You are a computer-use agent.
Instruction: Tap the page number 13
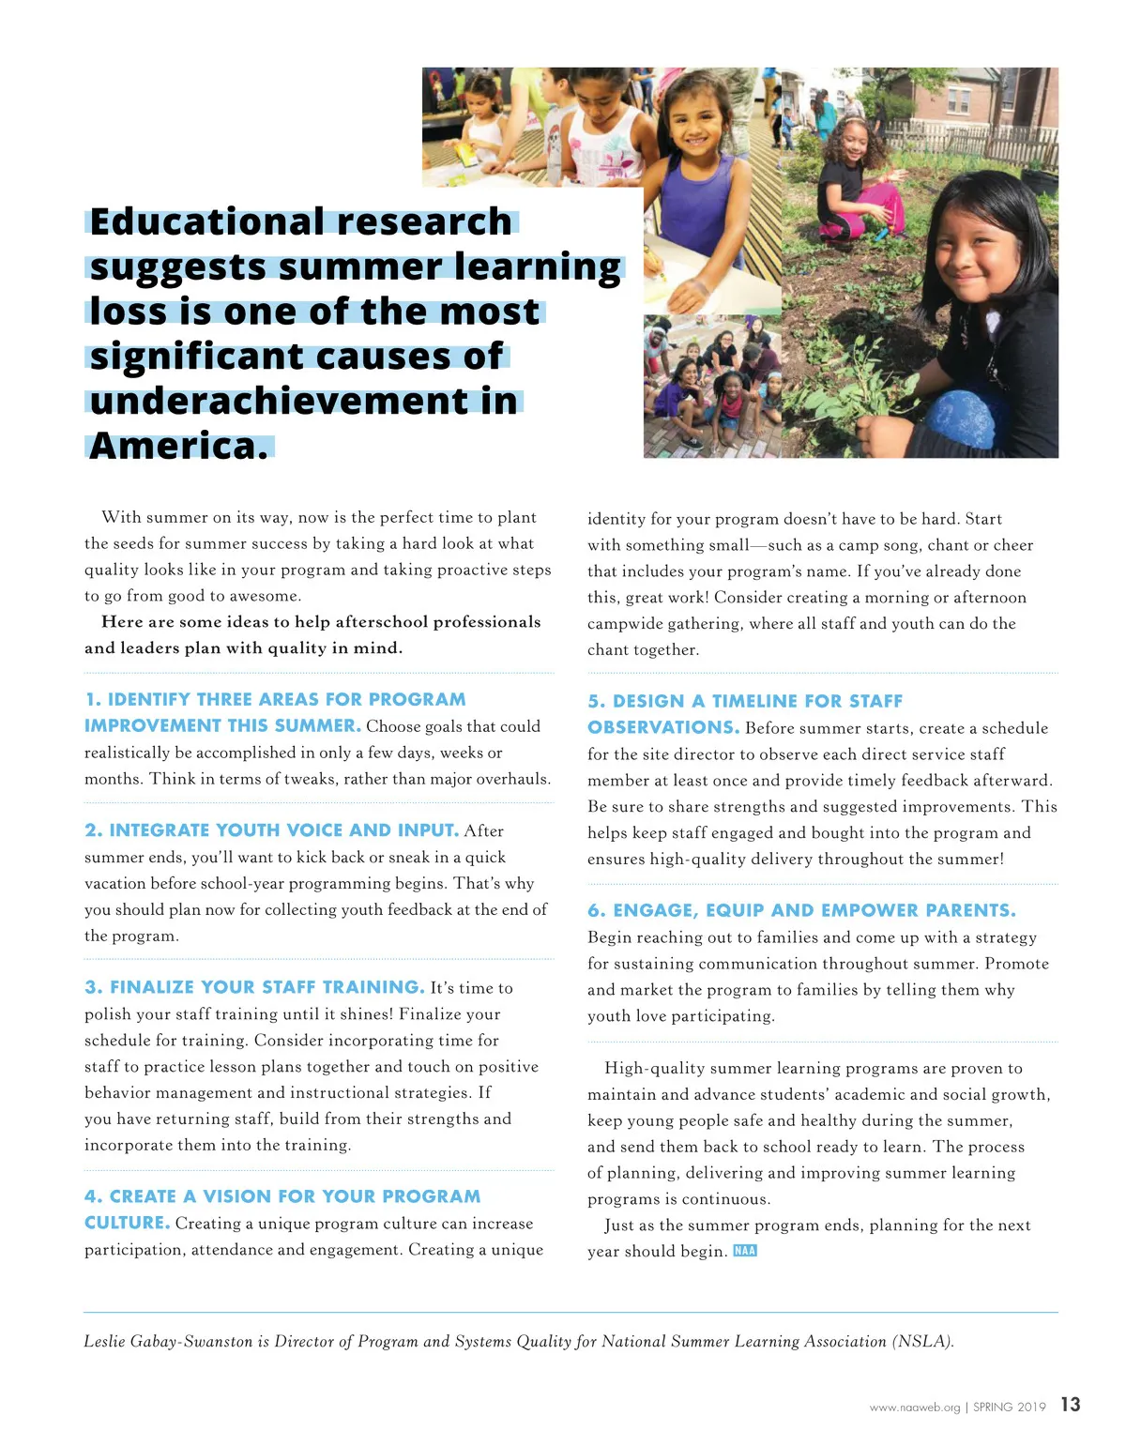[1071, 1405]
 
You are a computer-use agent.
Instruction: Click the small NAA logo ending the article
[745, 1250]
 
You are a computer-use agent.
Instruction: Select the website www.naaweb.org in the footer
[915, 1407]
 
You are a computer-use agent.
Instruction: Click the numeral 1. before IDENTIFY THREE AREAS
[93, 700]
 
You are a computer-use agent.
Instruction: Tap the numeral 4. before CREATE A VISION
[93, 1196]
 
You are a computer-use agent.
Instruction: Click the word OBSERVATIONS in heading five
[662, 727]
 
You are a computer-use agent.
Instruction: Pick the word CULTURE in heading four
[127, 1223]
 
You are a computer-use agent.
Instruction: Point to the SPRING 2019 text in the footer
[1009, 1407]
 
